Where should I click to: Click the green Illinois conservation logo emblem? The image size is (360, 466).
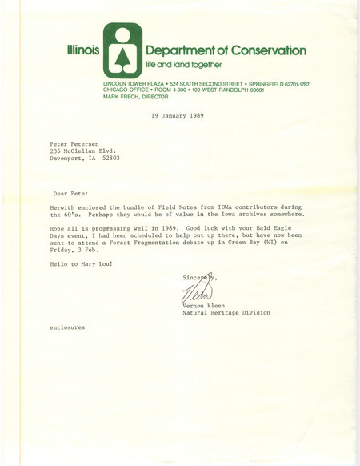click(x=122, y=51)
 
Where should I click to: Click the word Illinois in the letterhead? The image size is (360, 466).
click(x=82, y=50)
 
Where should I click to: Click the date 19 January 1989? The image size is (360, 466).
click(x=179, y=117)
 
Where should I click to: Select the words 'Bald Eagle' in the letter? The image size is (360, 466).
click(x=270, y=233)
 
